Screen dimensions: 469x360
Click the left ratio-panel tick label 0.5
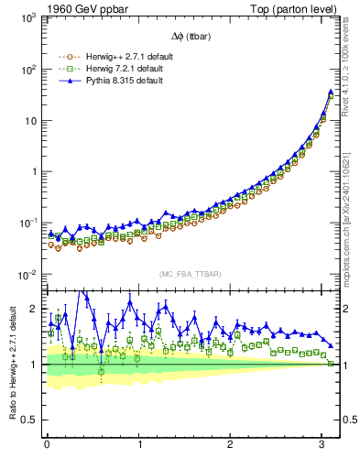(27, 420)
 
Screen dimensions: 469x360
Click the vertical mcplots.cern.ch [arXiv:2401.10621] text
(353, 206)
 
